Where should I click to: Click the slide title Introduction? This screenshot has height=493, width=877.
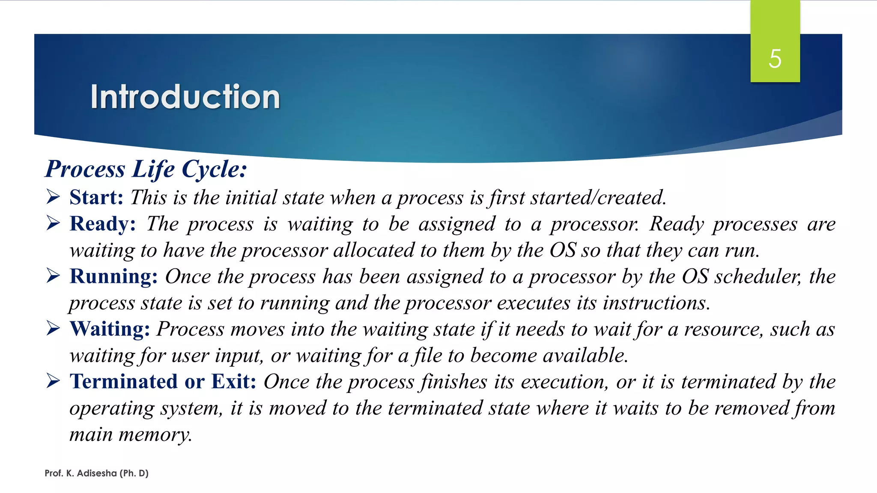click(185, 97)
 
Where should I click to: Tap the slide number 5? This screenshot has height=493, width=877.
click(775, 59)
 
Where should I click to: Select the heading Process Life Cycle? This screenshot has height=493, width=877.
click(146, 169)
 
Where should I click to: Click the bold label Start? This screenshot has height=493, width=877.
click(96, 198)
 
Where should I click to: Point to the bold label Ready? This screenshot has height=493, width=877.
click(103, 224)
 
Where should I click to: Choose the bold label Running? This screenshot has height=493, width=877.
click(114, 276)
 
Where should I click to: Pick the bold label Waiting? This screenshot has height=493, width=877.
click(110, 329)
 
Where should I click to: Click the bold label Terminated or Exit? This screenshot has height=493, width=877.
click(163, 382)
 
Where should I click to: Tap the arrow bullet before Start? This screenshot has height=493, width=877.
click(53, 197)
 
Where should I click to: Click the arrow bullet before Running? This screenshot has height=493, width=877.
click(53, 276)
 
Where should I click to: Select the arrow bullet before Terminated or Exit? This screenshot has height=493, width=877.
click(53, 381)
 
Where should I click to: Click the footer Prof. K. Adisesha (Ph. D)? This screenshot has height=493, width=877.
click(96, 473)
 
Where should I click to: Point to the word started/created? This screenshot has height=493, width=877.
click(598, 198)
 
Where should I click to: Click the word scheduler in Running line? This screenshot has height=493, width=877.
click(757, 277)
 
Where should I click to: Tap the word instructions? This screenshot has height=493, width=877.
click(656, 303)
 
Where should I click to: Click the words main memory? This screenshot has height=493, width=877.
click(130, 435)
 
